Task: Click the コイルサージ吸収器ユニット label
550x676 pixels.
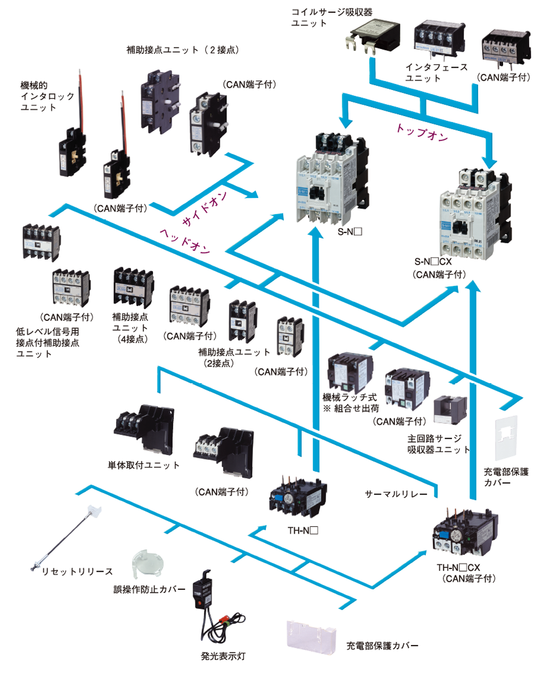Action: click(331, 18)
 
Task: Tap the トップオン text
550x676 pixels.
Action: click(422, 133)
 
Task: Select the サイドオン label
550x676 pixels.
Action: click(205, 208)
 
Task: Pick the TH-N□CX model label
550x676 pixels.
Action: click(458, 567)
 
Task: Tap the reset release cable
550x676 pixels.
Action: click(64, 538)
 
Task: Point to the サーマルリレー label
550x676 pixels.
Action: click(396, 494)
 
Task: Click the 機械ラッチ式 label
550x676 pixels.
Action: click(350, 398)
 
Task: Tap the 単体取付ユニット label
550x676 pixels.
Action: click(144, 465)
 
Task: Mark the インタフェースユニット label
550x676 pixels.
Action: click(436, 72)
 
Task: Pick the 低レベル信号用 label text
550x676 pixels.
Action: click(47, 332)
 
